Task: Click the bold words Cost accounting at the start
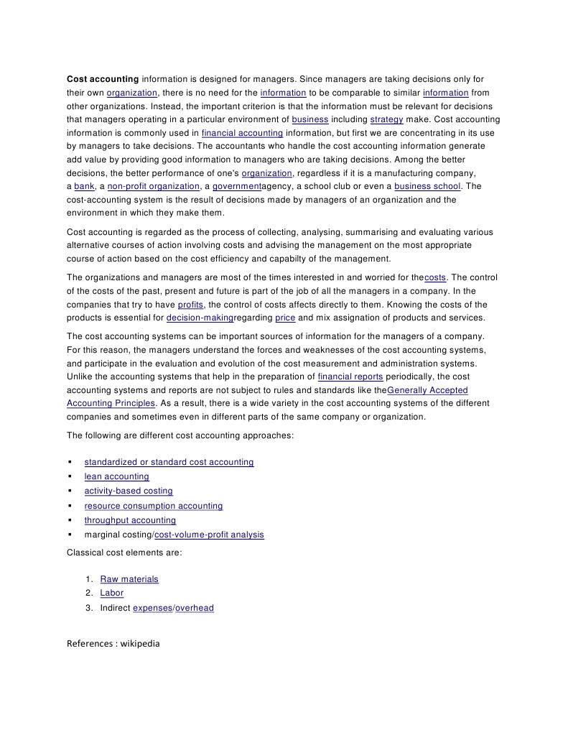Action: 103,79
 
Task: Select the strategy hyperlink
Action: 386,119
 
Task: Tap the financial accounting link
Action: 242,133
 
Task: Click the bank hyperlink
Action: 84,186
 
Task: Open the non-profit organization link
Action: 154,186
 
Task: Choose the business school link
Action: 427,186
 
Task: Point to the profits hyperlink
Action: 190,305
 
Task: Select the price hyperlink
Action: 285,318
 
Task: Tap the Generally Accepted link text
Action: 427,390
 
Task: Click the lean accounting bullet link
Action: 116,476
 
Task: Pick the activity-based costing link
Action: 129,491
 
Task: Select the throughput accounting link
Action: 130,520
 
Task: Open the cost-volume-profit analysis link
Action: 209,535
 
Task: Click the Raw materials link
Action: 129,579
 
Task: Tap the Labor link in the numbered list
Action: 111,593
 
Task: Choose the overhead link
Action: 195,608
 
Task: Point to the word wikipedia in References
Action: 140,644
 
